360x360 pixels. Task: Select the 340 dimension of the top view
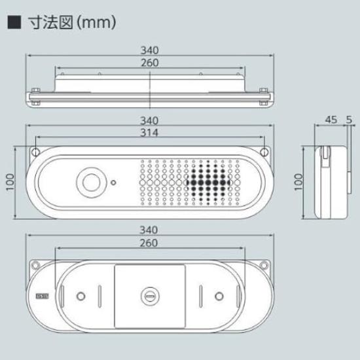tap(151, 51)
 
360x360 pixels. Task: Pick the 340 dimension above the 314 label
tap(151, 120)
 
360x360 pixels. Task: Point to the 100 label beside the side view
tap(299, 181)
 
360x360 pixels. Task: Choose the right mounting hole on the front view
tap(266, 152)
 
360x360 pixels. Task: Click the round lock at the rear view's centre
tap(151, 297)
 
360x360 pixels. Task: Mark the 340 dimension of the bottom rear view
tap(151, 230)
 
